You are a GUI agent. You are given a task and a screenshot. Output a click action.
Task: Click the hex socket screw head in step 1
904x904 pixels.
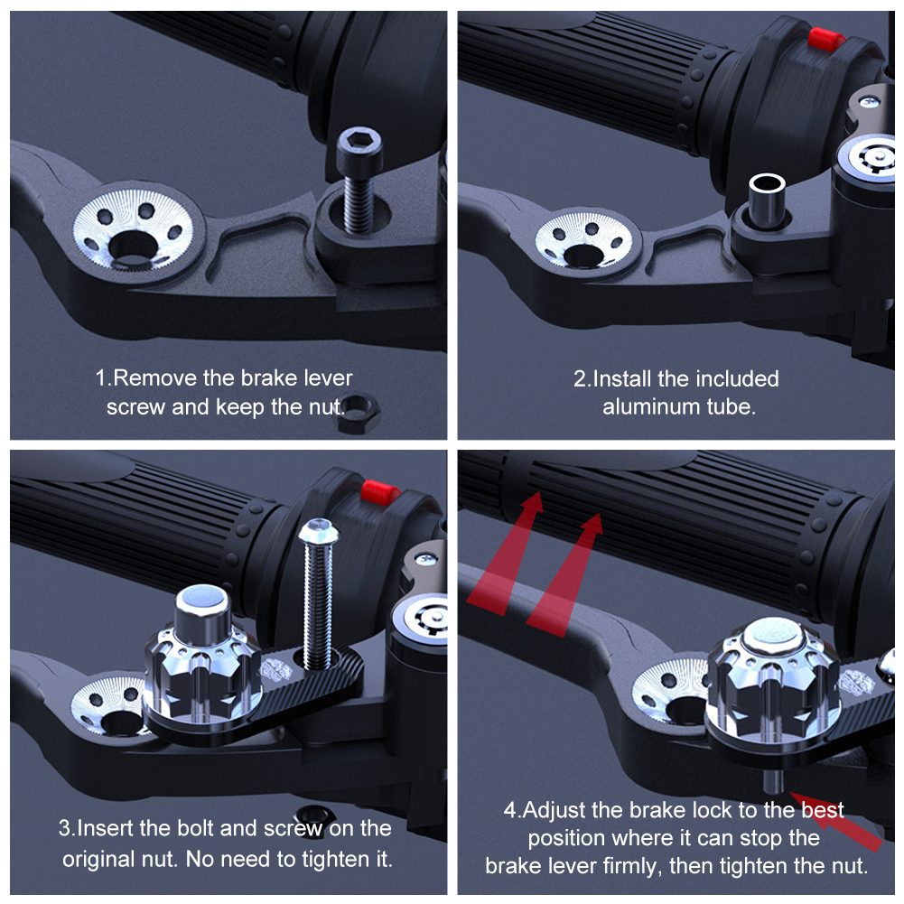359,148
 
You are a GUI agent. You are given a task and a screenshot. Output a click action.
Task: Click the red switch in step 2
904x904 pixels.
825,39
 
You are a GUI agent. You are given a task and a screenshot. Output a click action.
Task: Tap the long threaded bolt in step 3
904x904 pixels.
318,594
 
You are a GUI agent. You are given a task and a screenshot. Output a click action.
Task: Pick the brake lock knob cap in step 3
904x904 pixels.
201,614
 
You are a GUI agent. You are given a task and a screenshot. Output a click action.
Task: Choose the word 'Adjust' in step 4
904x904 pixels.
560,811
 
